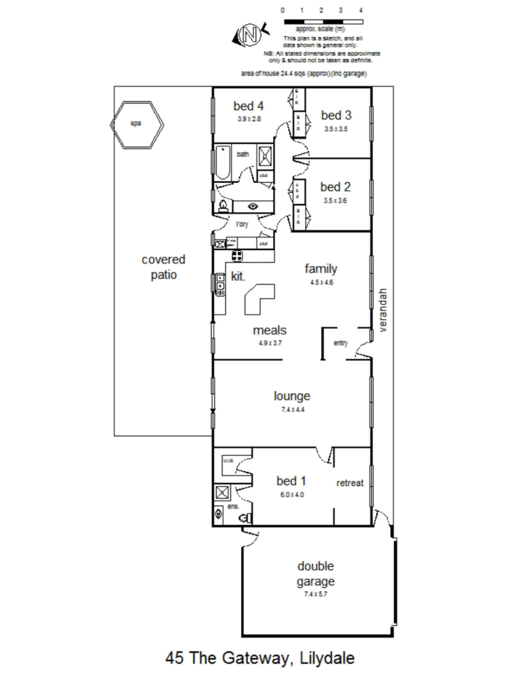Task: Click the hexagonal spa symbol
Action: (x=137, y=124)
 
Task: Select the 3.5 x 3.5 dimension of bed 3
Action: (x=335, y=129)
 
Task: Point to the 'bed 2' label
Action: (x=335, y=187)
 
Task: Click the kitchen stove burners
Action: (x=237, y=255)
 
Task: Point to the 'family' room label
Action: (x=321, y=269)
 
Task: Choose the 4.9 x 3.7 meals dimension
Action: (x=269, y=343)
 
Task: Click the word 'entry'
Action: (x=340, y=343)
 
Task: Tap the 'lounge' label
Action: (x=292, y=396)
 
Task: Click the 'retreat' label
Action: (x=350, y=483)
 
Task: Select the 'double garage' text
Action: (x=315, y=574)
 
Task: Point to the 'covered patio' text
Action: (x=164, y=266)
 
